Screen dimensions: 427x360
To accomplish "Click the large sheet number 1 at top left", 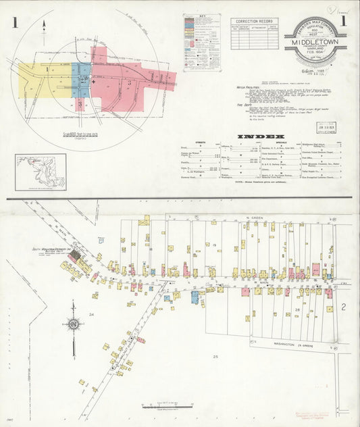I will click(x=14, y=23).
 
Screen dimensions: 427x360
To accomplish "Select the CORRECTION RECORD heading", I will click(x=254, y=22).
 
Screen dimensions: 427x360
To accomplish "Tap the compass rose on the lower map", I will click(x=73, y=325).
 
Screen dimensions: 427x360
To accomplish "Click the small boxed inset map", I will click(x=41, y=172).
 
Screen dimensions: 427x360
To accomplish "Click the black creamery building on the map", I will click(x=76, y=255).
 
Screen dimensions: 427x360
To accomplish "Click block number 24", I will click(x=91, y=315).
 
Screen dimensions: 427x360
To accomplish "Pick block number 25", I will click(x=216, y=355).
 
